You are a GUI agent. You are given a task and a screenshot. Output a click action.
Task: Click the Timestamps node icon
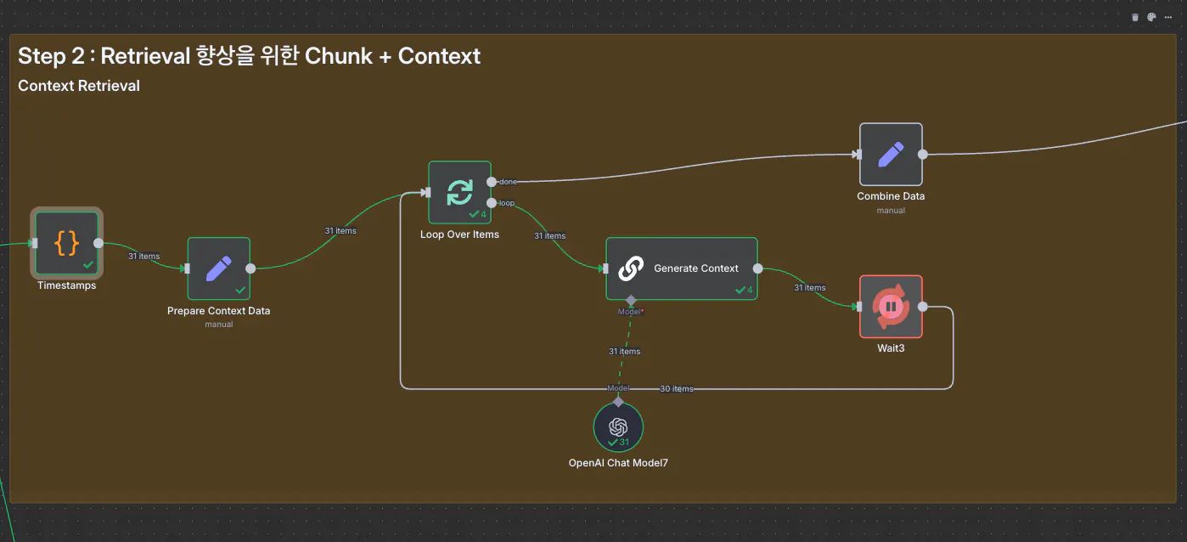click(x=67, y=243)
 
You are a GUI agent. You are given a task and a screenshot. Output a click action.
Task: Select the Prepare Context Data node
click(x=218, y=268)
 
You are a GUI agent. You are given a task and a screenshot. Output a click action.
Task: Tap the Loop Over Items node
click(x=459, y=193)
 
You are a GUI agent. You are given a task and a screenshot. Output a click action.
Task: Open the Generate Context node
click(x=681, y=268)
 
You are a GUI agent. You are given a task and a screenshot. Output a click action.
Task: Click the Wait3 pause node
click(x=891, y=307)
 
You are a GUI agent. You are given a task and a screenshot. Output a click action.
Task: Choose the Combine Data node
click(x=891, y=154)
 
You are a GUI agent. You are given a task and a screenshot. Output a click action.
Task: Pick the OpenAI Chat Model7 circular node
click(x=618, y=426)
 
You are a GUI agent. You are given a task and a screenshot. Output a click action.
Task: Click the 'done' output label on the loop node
click(x=508, y=182)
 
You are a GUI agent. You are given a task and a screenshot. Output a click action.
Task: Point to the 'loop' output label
click(x=506, y=203)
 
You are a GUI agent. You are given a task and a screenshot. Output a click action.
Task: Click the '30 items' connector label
click(x=677, y=389)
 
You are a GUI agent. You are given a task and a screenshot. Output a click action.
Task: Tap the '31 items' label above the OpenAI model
click(x=624, y=352)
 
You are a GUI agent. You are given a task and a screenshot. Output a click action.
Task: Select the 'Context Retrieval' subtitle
click(x=79, y=86)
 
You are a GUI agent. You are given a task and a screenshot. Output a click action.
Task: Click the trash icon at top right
click(x=1135, y=17)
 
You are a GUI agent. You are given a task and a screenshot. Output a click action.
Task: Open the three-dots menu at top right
click(x=1168, y=17)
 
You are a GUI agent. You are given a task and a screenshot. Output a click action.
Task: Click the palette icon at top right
click(x=1151, y=17)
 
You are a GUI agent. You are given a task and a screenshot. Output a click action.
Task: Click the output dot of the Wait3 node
click(x=923, y=308)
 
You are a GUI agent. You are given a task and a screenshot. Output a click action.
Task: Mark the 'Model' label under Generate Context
click(x=630, y=312)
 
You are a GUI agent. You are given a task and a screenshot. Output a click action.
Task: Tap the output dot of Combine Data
click(x=923, y=155)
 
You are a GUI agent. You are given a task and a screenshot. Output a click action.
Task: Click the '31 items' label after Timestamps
click(x=143, y=256)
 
